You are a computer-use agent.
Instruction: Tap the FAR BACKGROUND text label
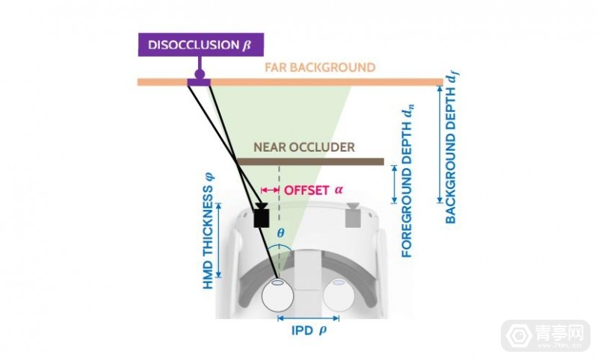click(x=319, y=68)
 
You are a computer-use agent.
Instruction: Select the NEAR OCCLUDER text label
click(x=309, y=148)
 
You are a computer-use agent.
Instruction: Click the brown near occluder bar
click(x=310, y=161)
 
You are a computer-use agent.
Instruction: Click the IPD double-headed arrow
click(x=307, y=317)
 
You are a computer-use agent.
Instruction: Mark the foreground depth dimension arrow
click(x=393, y=185)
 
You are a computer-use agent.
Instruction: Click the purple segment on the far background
click(x=200, y=81)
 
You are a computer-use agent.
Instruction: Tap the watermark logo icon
click(x=516, y=334)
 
